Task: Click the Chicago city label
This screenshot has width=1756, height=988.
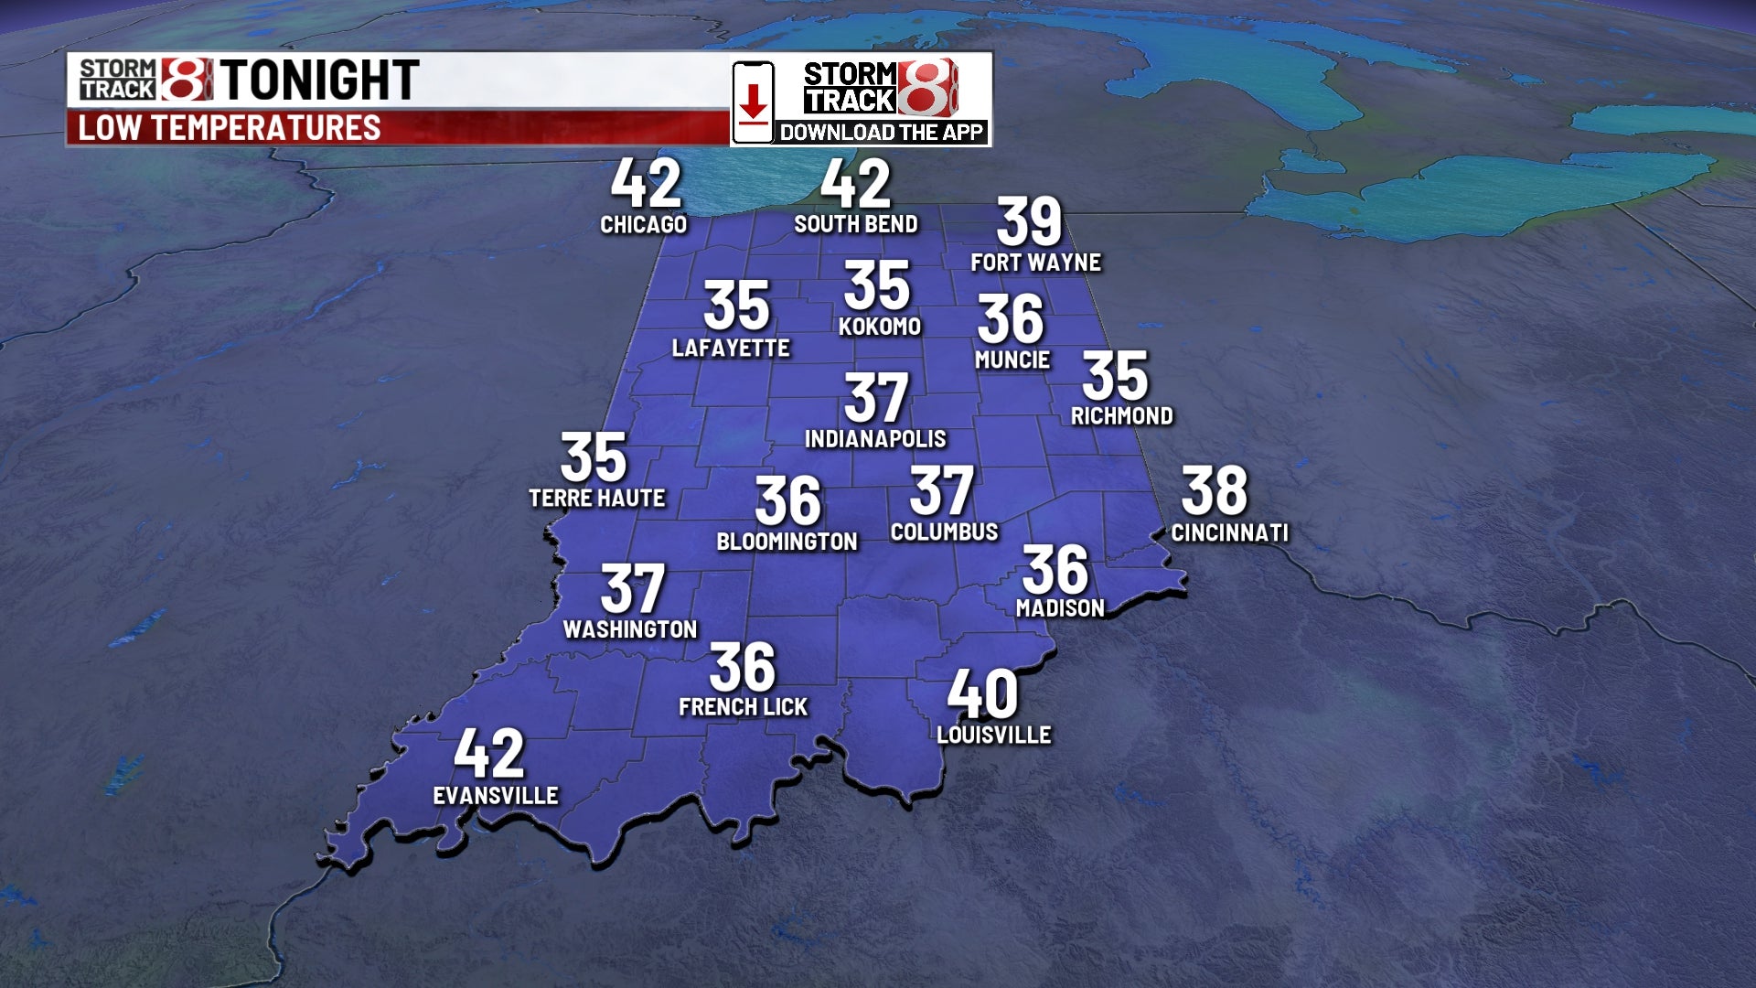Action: (643, 224)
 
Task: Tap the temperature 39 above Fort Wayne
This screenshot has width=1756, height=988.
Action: (1029, 221)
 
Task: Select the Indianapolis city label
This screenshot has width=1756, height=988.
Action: (875, 439)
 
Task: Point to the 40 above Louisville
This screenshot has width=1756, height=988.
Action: (982, 694)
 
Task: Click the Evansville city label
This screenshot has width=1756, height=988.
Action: (495, 795)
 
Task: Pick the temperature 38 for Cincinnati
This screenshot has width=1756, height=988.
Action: (1215, 491)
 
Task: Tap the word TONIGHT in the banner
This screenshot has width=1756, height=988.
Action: (319, 80)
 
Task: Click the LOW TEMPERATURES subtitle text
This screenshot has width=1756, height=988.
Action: (229, 128)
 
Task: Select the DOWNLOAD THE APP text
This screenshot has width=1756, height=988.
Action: (881, 133)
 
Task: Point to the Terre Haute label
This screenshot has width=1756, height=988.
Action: (597, 498)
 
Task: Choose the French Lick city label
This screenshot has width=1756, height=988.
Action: (743, 706)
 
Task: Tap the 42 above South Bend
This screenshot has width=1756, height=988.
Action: (855, 184)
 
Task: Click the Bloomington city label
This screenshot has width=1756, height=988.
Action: (787, 542)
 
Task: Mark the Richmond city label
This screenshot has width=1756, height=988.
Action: (1121, 416)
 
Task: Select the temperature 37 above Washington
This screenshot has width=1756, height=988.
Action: (632, 589)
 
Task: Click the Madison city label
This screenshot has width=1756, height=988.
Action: (1060, 607)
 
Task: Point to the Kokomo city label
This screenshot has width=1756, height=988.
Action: (879, 327)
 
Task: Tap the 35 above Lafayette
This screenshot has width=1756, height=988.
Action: (736, 306)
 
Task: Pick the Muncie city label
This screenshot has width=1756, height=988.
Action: (1012, 360)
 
